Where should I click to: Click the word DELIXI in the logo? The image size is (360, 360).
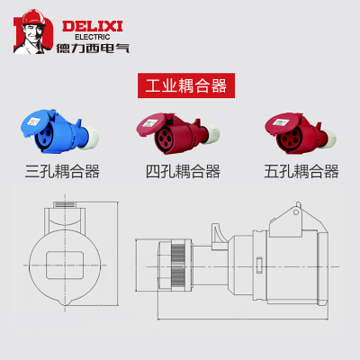point(93,26)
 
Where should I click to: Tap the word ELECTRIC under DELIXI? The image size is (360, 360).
point(93,37)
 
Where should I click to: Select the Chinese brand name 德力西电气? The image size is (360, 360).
point(93,48)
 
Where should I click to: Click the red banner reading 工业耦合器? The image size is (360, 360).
point(186,85)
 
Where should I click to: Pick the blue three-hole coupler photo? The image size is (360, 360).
point(59,131)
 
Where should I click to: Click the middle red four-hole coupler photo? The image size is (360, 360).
point(177,133)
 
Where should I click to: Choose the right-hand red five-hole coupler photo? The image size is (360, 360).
point(301,133)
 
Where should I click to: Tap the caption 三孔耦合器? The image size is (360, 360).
point(62,172)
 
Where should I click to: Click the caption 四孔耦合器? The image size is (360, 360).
point(183,172)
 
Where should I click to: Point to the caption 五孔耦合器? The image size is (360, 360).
point(301,172)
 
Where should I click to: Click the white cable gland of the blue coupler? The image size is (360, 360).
point(89,137)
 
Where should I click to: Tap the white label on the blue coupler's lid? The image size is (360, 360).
point(34,121)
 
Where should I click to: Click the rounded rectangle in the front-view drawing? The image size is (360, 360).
point(65,265)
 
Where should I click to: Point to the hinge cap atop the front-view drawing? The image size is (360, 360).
point(65,204)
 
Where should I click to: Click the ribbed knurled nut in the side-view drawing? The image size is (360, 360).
point(178,265)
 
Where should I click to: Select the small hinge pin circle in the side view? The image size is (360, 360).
point(296,212)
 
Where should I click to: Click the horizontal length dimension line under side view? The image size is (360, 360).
point(243,319)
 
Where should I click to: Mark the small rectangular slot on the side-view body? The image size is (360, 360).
point(259,265)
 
